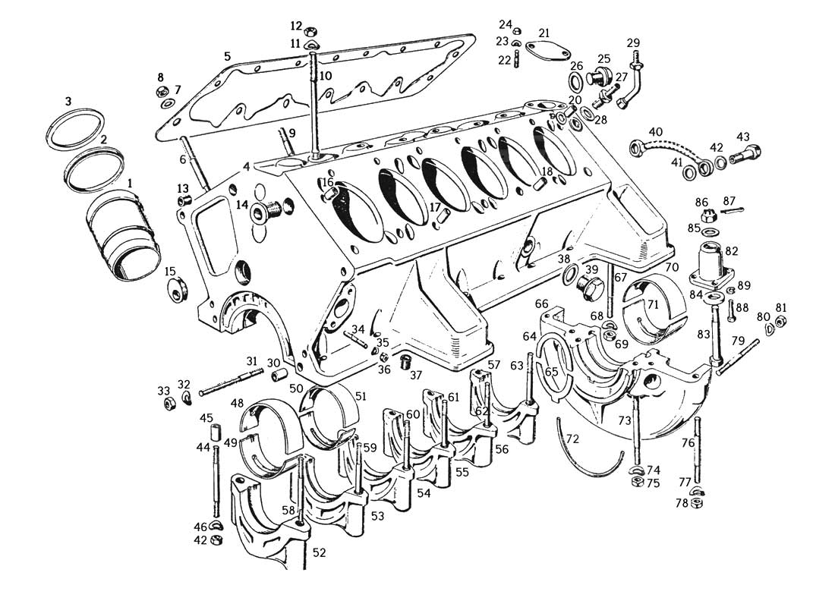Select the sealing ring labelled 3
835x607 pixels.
coord(74,130)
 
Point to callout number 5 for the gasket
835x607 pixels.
coord(228,56)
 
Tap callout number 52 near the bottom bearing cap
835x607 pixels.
coord(319,552)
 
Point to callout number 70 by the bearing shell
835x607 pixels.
coord(673,267)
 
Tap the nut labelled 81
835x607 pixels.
coord(780,321)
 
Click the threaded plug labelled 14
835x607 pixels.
coord(269,212)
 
